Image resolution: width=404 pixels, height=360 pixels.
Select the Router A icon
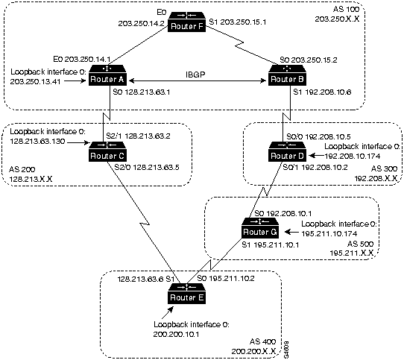107,78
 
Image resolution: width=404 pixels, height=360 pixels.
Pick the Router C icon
107,154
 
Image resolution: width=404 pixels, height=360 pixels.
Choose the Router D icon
288,154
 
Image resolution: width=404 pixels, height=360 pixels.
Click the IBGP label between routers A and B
197,74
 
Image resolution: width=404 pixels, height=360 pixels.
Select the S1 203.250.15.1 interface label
233,23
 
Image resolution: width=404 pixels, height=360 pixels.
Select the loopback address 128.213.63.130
40,139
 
